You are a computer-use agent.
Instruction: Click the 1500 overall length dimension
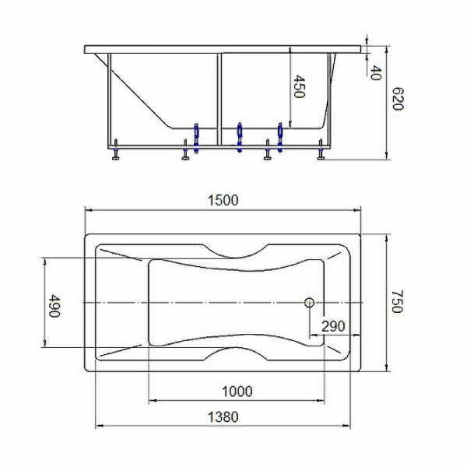point(223,200)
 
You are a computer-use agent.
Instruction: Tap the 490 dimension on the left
point(55,305)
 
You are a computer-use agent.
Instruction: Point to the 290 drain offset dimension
point(330,325)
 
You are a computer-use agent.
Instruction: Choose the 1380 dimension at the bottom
point(223,417)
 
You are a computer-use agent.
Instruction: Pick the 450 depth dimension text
point(299,86)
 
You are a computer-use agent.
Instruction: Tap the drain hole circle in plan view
point(309,302)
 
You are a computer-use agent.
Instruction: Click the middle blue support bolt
point(240,135)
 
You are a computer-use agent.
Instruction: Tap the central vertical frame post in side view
point(219,97)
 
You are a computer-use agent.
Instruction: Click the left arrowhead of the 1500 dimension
point(88,210)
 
